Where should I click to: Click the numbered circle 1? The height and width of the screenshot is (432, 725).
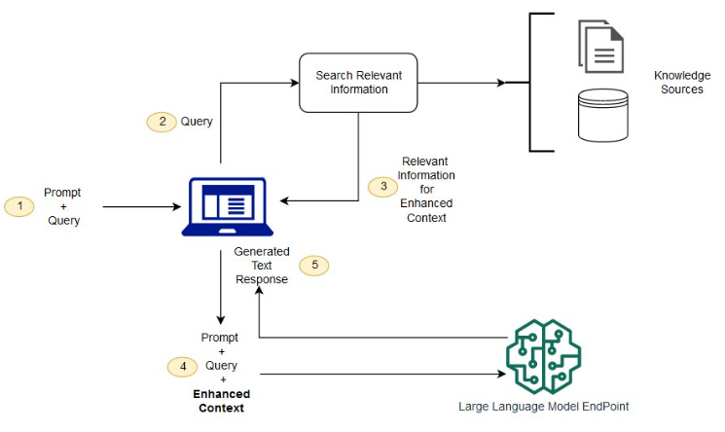point(18,206)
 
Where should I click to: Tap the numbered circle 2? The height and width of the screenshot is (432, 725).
point(162,122)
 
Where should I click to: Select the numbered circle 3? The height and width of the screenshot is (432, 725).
point(382,187)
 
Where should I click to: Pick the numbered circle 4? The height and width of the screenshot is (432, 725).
point(182,367)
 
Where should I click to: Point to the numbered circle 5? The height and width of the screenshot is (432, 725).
point(314,266)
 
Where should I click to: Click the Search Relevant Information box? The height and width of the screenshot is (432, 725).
point(358,83)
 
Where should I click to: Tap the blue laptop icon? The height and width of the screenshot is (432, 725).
point(228,206)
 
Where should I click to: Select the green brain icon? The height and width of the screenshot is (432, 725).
point(544,357)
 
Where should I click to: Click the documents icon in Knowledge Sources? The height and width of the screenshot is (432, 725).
point(601,47)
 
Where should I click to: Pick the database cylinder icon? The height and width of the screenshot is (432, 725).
point(603,115)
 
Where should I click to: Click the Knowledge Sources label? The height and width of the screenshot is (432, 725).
point(682,83)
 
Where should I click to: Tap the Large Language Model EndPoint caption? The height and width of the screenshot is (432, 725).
point(544,407)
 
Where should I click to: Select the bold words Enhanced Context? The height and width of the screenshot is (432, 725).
point(222,401)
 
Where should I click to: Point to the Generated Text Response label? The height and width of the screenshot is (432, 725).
point(262,266)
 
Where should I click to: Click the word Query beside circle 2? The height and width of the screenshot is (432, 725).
point(197,122)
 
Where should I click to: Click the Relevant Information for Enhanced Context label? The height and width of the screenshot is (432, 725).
point(426,190)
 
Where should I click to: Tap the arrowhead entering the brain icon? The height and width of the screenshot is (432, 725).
point(502,374)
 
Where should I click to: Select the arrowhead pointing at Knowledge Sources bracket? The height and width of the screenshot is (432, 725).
point(501,83)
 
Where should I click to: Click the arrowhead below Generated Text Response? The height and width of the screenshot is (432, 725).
point(260,291)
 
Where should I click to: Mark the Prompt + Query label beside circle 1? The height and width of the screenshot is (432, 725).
point(63,206)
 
